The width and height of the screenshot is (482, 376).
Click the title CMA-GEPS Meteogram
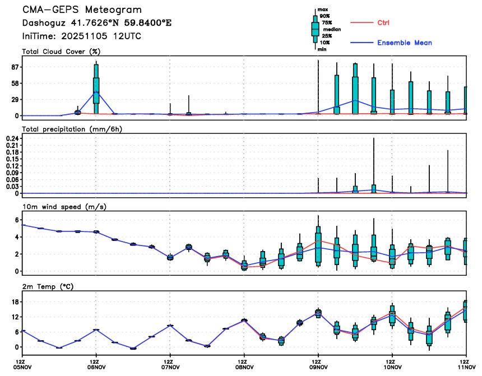82,10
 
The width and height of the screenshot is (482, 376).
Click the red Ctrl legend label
383,22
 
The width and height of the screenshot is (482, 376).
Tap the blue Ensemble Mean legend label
404,43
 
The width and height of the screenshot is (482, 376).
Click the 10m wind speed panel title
64,207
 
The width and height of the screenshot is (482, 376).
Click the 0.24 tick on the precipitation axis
11,138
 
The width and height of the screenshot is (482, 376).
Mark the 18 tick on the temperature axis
13,302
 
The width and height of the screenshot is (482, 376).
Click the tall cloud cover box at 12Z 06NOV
96,83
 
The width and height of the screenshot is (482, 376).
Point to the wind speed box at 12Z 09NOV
318,244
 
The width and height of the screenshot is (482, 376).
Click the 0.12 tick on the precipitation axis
11,166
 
